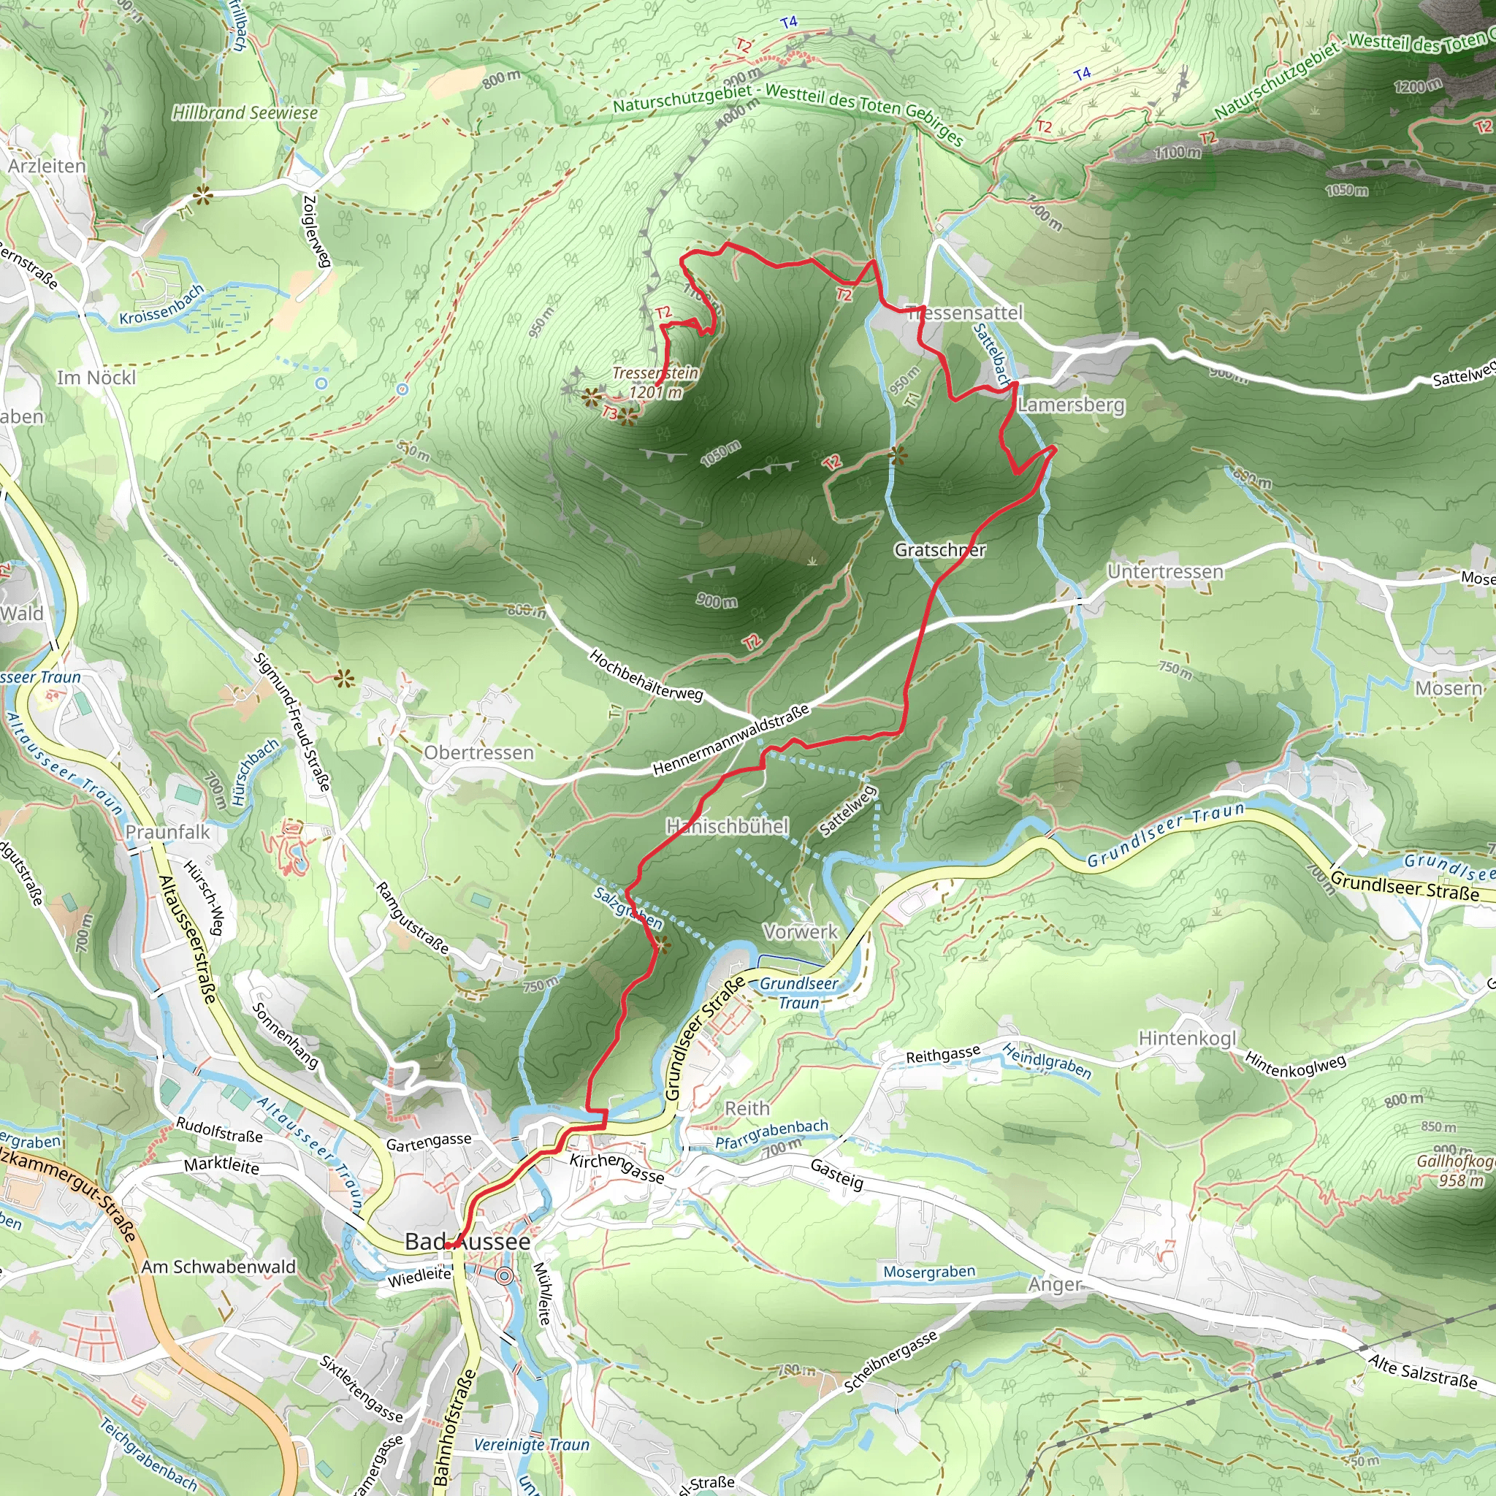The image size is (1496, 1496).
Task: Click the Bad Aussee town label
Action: click(467, 1241)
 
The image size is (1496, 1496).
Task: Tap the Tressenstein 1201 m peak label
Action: click(655, 383)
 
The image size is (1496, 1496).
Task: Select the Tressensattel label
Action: click(964, 313)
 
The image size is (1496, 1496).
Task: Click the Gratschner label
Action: click(939, 550)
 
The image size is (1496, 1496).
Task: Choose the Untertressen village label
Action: click(1164, 571)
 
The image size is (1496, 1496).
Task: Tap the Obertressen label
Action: click(478, 752)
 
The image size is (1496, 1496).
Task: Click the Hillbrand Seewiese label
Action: click(245, 113)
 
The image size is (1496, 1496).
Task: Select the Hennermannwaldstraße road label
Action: click(730, 739)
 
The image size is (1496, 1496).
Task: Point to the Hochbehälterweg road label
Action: click(646, 675)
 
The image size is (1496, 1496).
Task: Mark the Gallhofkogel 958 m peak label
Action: click(1454, 1171)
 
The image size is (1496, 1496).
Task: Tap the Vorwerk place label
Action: click(800, 931)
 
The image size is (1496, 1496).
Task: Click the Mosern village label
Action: click(1448, 687)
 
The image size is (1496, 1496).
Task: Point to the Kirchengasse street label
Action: click(617, 1169)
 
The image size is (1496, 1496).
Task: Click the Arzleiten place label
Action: click(47, 167)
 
